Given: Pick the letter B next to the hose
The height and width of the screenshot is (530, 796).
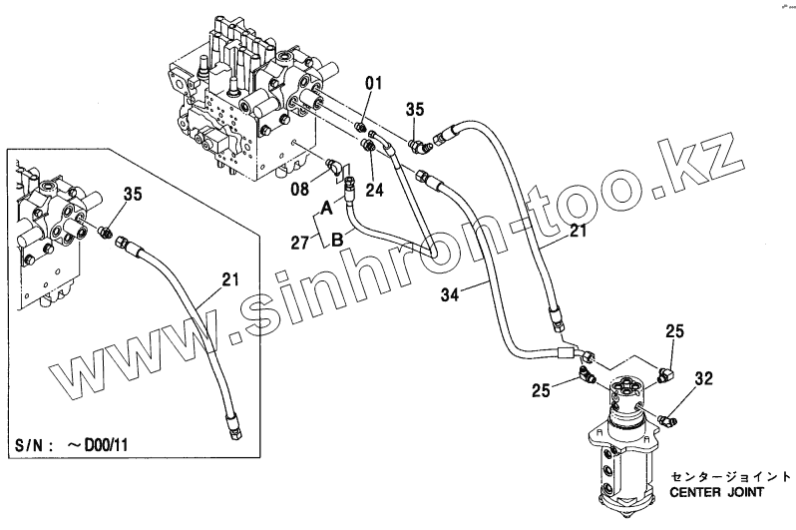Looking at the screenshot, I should pos(339,239).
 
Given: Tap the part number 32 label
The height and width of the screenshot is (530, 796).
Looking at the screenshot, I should pos(704,378).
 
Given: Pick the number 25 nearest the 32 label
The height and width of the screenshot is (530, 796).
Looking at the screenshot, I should pos(674,330).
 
